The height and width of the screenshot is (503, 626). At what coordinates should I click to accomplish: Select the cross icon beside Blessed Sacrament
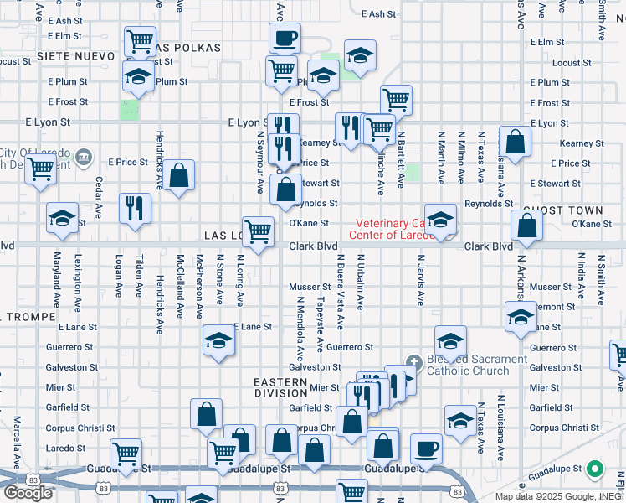[413, 362]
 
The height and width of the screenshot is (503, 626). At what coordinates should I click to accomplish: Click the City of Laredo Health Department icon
[84, 157]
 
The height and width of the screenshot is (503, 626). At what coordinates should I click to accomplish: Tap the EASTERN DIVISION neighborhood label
[280, 387]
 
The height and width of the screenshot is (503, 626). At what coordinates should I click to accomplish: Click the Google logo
[28, 492]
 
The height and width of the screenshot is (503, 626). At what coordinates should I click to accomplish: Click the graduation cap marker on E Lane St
[218, 340]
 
